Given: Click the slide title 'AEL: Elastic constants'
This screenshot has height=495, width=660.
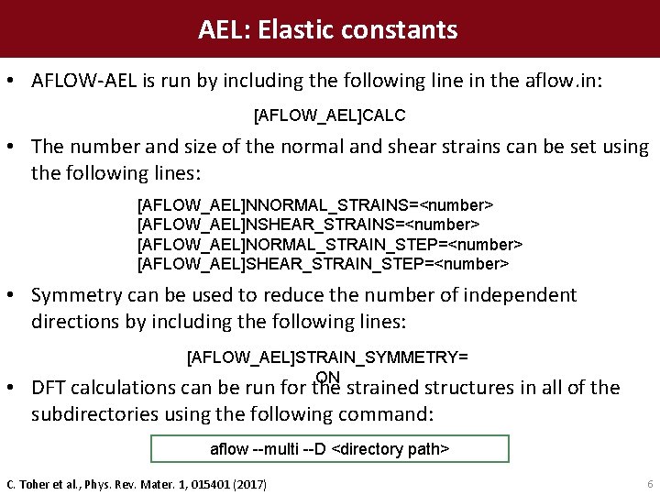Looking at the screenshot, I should (328, 30).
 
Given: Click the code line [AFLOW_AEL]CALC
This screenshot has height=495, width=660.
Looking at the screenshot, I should (329, 116).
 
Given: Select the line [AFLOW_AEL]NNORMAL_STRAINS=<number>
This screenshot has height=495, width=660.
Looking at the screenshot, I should (315, 203).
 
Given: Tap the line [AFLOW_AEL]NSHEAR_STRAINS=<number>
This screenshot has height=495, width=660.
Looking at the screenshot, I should (308, 224).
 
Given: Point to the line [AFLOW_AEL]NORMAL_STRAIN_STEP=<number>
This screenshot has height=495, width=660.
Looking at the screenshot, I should (329, 244).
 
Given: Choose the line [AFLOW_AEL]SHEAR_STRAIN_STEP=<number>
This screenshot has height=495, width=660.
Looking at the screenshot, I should (323, 264).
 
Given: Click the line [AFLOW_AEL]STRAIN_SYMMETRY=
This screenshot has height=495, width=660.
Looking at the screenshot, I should (327, 356).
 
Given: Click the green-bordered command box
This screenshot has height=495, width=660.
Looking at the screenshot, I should (329, 449).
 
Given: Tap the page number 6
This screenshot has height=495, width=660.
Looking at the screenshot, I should (649, 483).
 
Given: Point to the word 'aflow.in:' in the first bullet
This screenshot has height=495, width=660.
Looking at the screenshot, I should (567, 81).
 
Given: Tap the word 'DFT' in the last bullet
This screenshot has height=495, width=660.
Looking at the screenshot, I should (49, 389).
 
